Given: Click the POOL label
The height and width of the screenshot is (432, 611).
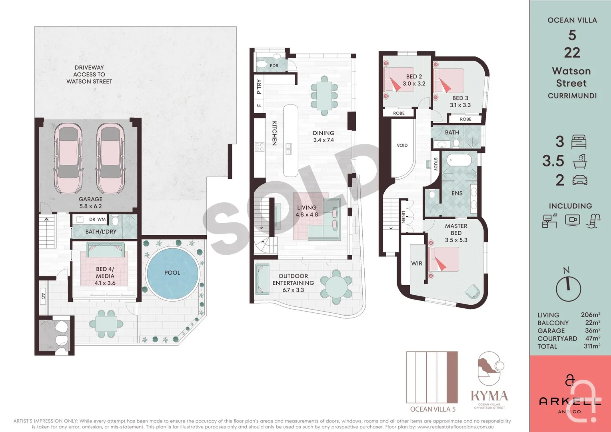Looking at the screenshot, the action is coord(172,273).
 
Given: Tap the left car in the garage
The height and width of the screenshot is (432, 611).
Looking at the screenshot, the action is coord(68,158).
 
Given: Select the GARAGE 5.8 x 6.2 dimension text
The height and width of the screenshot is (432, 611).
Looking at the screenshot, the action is coord(90,206).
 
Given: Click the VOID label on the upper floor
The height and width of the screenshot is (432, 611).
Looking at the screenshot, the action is coord(402,146).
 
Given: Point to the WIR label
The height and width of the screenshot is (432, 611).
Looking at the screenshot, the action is coord(417,263).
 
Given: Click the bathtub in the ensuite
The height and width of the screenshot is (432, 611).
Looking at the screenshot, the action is coord(459,160).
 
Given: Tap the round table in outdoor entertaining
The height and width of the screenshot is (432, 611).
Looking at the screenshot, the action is coord(336,287).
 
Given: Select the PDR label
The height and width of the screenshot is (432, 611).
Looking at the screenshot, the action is coord(274,66).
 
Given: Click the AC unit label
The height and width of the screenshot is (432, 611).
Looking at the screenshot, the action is coord(43,296).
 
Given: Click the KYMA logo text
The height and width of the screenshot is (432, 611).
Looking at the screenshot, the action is coord(489,396).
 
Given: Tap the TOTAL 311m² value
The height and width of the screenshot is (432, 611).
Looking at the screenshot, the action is coord(592,346).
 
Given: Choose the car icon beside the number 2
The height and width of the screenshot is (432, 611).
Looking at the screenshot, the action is coord(580,180).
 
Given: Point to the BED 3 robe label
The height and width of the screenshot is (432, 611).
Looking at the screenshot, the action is coord(465,119).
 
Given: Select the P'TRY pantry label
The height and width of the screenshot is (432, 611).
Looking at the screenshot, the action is coord(259,87).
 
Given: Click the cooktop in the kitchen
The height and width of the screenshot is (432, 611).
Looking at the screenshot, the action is coord(260,147).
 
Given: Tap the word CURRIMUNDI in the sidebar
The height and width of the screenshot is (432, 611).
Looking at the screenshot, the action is coord(572,96).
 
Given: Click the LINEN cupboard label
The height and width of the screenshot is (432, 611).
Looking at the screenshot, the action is coord(403,217).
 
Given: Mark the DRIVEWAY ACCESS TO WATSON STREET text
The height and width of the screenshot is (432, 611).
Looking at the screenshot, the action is coord(89,74).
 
